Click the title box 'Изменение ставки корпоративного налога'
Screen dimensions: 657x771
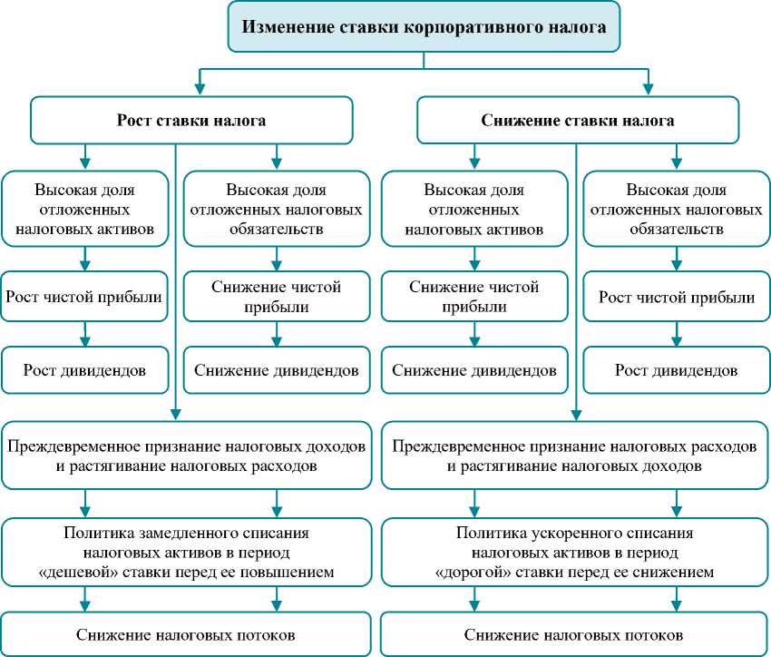click(x=424, y=29)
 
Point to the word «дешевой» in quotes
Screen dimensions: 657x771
click(x=122, y=573)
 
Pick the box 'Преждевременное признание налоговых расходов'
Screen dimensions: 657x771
click(x=574, y=457)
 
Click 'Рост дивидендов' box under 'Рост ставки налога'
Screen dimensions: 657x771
click(x=84, y=370)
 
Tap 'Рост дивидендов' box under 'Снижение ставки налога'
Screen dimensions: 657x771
click(x=676, y=370)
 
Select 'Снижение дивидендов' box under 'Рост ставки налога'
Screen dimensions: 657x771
click(x=277, y=370)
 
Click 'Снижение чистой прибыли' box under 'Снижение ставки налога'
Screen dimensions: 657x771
click(x=473, y=297)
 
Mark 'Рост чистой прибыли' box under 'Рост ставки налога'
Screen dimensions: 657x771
click(x=84, y=297)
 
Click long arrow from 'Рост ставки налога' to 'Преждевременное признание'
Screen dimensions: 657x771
click(x=174, y=272)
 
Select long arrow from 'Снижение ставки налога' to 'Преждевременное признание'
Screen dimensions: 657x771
click(x=575, y=272)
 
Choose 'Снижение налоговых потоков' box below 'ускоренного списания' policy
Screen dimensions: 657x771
click(x=574, y=634)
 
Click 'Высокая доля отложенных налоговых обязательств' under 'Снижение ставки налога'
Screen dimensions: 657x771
click(x=676, y=210)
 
